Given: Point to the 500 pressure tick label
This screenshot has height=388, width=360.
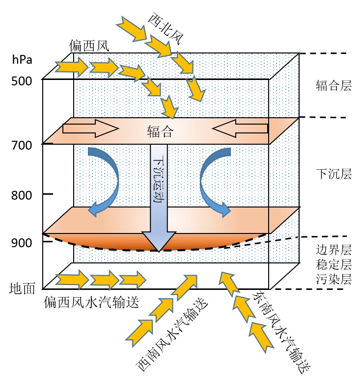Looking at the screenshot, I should coord(21,80).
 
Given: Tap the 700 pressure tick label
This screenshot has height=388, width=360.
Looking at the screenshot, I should coord(21,145).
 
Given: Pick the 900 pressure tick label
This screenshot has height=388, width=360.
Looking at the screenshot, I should coord(21,243).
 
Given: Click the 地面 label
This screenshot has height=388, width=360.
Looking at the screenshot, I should coord(22,289).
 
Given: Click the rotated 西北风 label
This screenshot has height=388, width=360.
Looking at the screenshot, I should coord(164,28).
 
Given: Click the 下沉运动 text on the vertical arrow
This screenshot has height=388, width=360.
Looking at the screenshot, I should coord(159,179).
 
